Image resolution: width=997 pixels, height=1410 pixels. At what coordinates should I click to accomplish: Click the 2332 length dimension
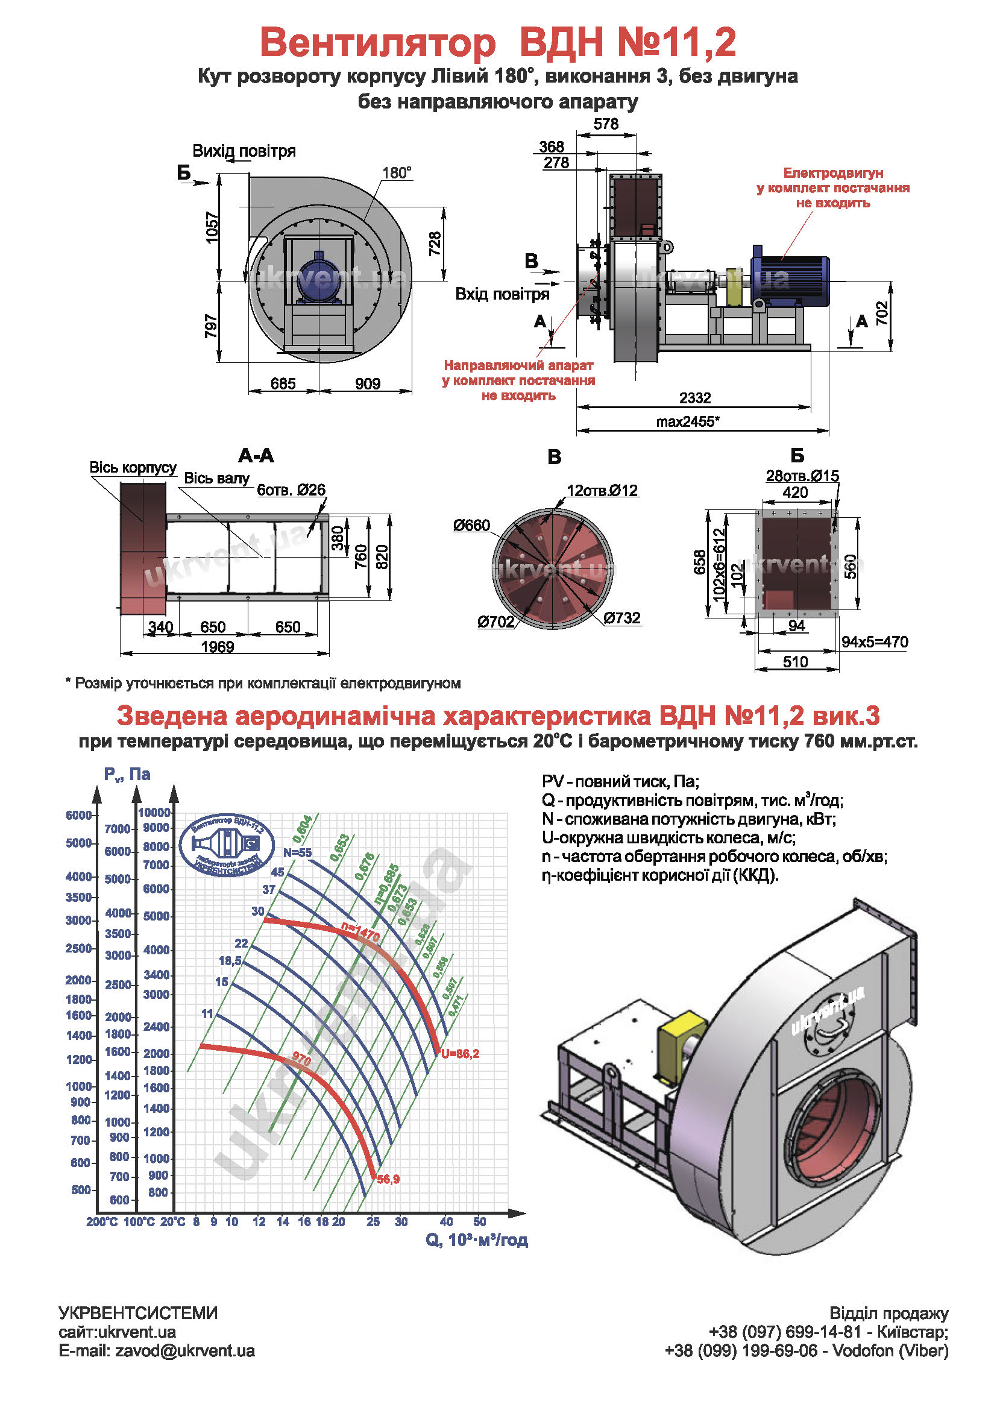(695, 398)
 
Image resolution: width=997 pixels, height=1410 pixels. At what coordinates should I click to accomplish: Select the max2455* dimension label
(688, 421)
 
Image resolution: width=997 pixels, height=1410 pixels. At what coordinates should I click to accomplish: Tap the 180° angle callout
(397, 173)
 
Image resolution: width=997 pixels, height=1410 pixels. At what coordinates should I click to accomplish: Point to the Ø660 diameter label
(471, 526)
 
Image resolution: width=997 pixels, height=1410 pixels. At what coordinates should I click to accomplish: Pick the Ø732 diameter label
(622, 618)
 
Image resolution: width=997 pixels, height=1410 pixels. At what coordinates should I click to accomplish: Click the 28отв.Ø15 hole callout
(802, 476)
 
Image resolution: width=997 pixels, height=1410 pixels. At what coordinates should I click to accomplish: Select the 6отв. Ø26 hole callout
(291, 490)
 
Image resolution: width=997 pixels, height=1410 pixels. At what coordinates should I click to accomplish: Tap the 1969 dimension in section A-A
(218, 647)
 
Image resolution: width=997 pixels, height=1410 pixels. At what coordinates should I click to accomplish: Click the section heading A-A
(256, 456)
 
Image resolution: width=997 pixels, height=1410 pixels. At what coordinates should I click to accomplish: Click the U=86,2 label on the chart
(460, 1054)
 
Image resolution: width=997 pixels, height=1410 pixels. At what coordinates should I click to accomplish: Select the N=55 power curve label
(297, 853)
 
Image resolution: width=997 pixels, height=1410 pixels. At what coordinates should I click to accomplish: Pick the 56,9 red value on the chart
(388, 1179)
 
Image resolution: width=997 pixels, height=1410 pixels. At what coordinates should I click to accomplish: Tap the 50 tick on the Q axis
(479, 1222)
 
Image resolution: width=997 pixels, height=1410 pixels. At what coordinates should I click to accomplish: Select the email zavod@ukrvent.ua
(157, 1351)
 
